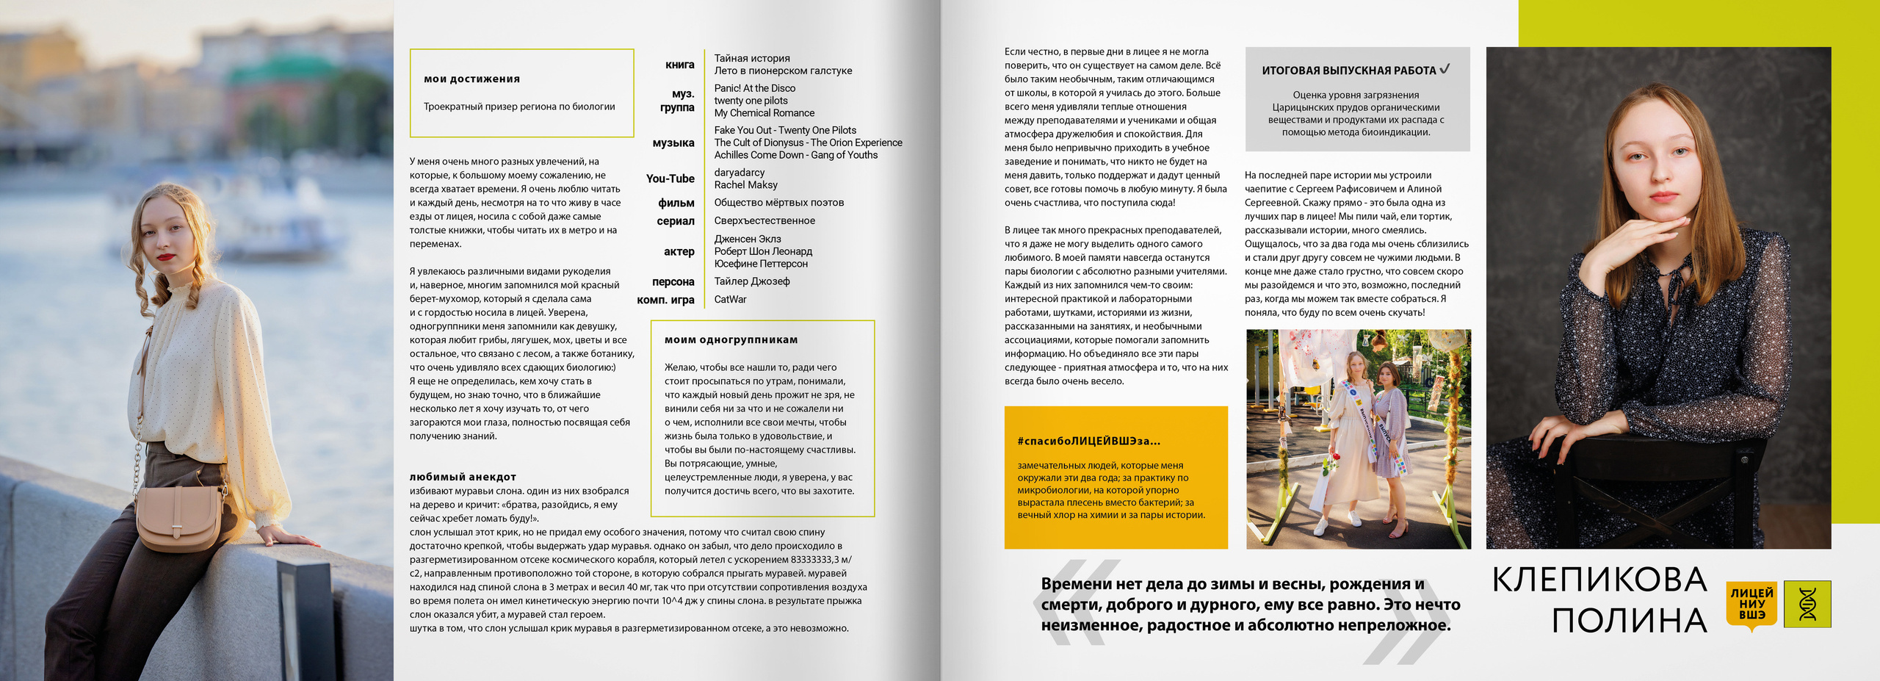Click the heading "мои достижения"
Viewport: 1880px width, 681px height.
coord(471,79)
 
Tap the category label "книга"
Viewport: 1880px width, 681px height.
coord(679,65)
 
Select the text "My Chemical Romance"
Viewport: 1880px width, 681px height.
coord(764,113)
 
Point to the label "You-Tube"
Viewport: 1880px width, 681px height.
coord(670,179)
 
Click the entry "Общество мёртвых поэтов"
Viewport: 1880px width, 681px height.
coord(778,203)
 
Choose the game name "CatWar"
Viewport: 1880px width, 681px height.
coord(730,300)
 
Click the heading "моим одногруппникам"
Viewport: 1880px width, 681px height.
coord(731,340)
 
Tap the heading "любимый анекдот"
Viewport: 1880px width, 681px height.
coord(463,477)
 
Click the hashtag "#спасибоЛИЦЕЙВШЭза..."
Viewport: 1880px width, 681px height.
coord(1088,442)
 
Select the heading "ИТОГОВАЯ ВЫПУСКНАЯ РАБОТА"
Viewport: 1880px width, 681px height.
coord(1348,71)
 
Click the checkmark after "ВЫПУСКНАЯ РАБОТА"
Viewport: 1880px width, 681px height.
coord(1445,69)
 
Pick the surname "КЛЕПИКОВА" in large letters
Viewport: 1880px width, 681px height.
coord(1599,580)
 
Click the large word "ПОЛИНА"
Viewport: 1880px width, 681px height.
coord(1629,621)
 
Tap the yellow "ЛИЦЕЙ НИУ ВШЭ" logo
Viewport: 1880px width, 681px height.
coord(1751,604)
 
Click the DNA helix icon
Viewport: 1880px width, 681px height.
coord(1807,604)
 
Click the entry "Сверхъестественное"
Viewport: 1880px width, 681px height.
coord(764,221)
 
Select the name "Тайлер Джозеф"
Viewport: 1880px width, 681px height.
coord(752,281)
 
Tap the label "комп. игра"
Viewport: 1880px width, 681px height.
coord(665,300)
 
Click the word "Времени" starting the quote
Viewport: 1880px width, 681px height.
coord(1076,584)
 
